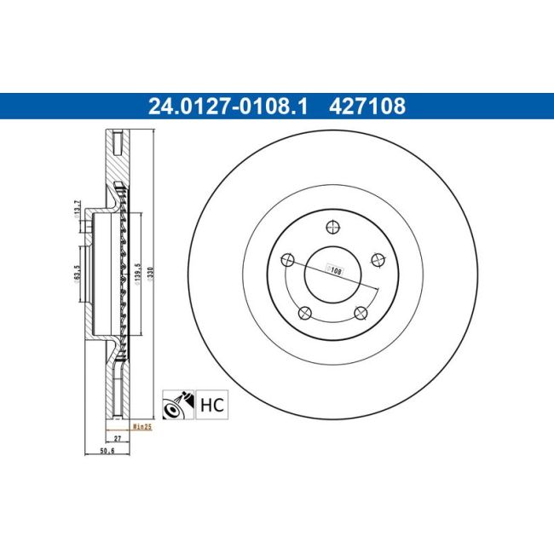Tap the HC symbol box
pyautogui.click(x=213, y=403)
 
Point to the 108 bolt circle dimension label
pyautogui.click(x=336, y=270)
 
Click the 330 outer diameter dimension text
pyautogui.click(x=151, y=274)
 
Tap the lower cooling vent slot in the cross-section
pyautogui.click(x=118, y=396)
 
